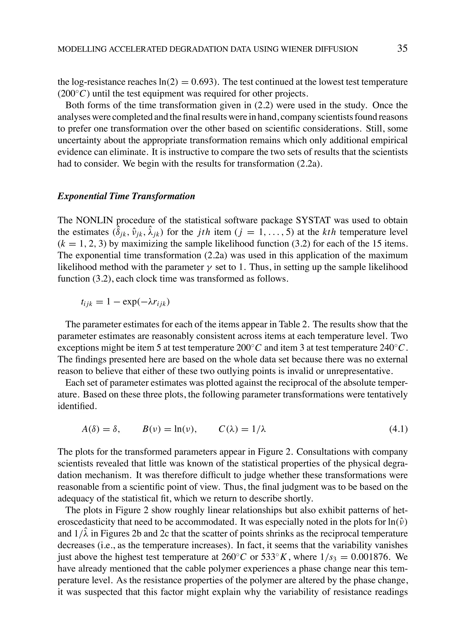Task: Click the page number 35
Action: tap(402, 48)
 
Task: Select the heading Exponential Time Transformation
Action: tap(126, 196)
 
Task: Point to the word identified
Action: tap(77, 406)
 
